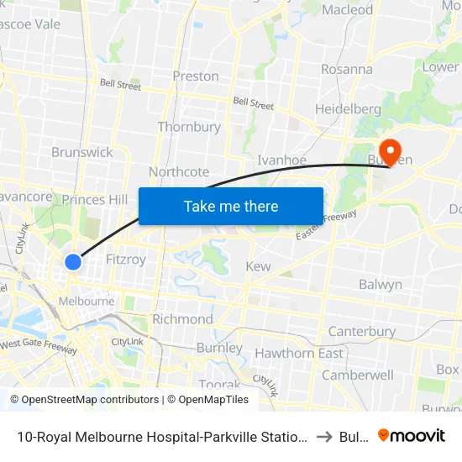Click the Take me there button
[231, 206]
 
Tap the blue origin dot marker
[73, 262]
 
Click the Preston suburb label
[196, 76]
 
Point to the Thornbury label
[189, 127]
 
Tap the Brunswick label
[81, 152]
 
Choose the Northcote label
[179, 171]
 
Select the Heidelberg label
[348, 109]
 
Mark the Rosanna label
[346, 69]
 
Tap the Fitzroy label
[126, 260]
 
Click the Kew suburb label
[258, 266]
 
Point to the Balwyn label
[381, 285]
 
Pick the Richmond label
[182, 319]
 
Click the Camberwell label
[358, 375]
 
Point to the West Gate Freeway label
[39, 344]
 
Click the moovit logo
[412, 435]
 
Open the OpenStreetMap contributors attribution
[84, 400]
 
